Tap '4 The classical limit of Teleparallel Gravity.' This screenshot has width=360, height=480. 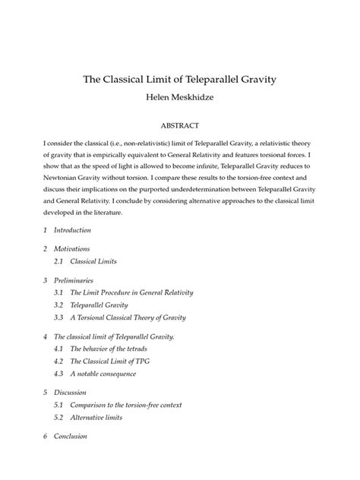coord(119,336)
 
